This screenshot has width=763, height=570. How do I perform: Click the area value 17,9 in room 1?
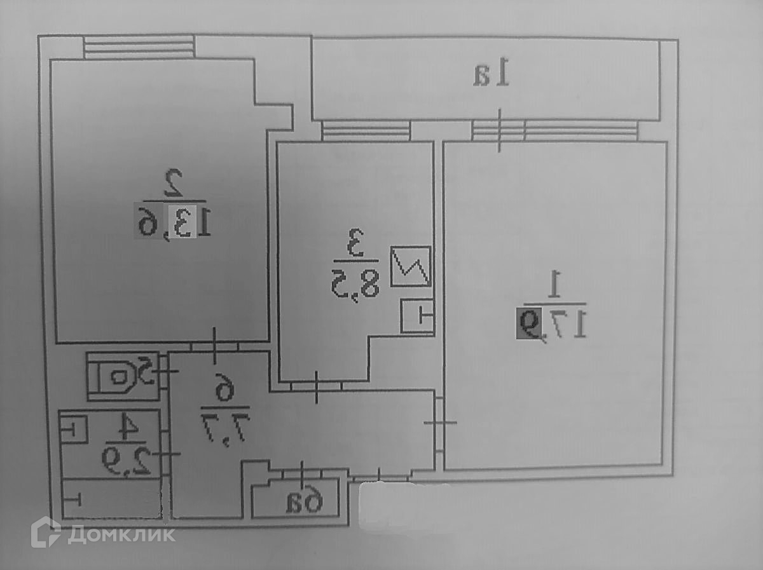point(549,323)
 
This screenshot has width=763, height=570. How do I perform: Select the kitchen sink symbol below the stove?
point(417,315)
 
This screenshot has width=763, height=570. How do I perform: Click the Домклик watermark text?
point(121,534)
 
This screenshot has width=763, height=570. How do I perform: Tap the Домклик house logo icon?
point(46,533)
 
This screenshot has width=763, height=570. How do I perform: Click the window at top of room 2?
point(139,47)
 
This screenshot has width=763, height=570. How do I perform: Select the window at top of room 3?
point(365,131)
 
